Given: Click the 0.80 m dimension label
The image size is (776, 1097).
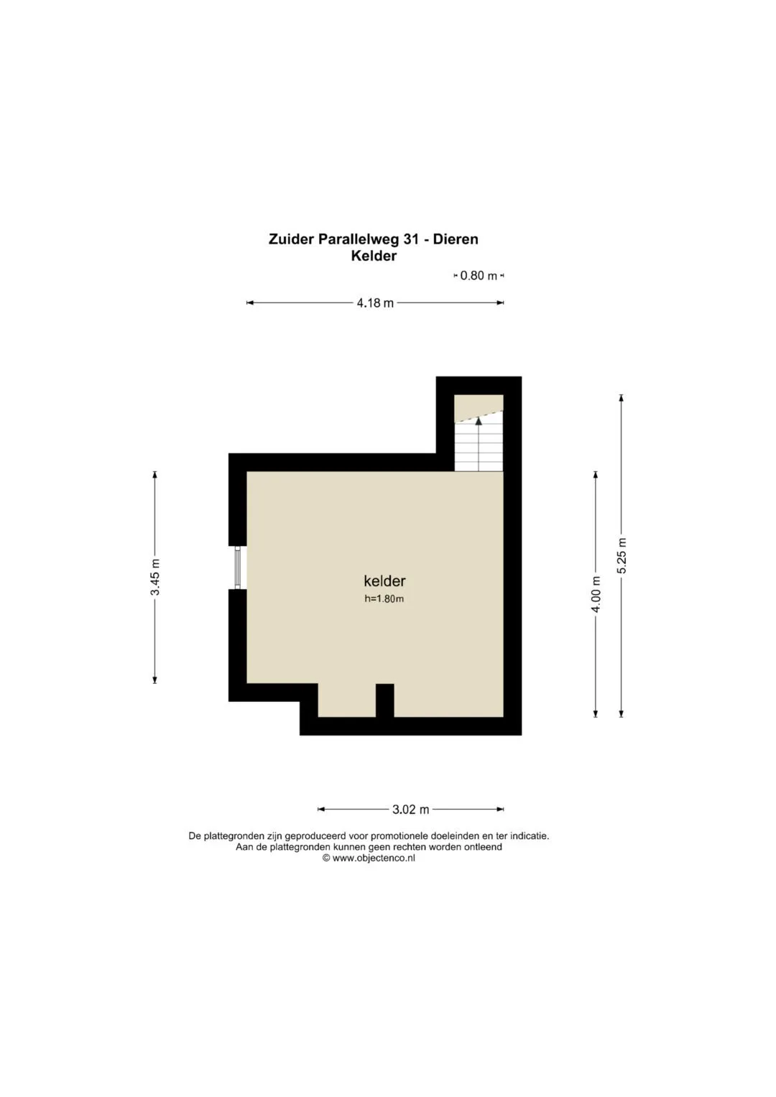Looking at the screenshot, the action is [479, 276].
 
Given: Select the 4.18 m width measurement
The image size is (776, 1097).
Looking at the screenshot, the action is [375, 303].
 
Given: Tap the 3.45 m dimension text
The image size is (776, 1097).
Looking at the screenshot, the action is [154, 577].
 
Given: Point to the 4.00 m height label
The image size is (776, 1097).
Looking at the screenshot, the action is [596, 594].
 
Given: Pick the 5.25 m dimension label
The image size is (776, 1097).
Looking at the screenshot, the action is [622, 556].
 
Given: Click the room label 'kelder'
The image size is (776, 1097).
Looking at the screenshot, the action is [384, 580].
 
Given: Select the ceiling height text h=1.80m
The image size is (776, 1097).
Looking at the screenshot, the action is [384, 598].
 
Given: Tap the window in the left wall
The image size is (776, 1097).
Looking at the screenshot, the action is [238, 568].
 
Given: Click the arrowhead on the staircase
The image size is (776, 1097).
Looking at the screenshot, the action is [479, 420].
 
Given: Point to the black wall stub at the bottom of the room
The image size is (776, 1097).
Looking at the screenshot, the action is [384, 701].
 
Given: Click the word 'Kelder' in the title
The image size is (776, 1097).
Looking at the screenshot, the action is [374, 256].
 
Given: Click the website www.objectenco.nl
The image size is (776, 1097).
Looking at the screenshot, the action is [374, 858].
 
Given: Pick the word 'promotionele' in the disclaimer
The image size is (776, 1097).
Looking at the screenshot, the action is [397, 836].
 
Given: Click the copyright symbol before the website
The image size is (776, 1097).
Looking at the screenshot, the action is [326, 858].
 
